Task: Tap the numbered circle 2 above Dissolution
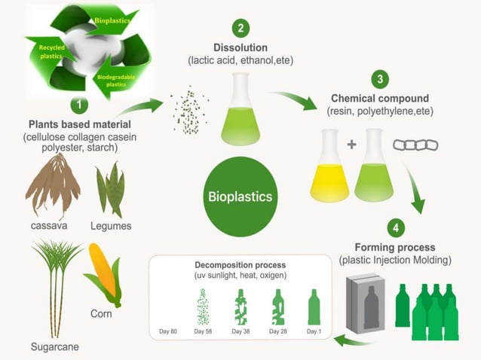[240, 29]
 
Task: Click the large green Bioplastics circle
[240, 197]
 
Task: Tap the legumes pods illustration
[111, 188]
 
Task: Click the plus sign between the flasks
[351, 143]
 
